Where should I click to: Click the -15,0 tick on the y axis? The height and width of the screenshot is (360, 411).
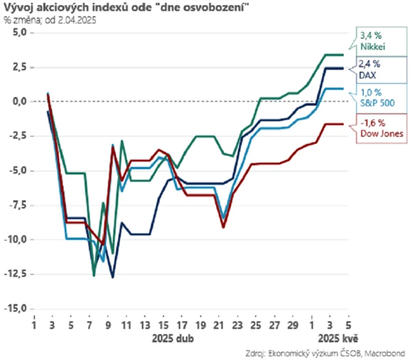tap(18, 309)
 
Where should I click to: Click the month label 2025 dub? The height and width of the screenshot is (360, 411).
tap(171, 337)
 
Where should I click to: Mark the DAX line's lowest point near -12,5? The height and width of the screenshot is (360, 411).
tap(113, 278)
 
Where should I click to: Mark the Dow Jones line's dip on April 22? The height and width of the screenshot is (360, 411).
tap(223, 227)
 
